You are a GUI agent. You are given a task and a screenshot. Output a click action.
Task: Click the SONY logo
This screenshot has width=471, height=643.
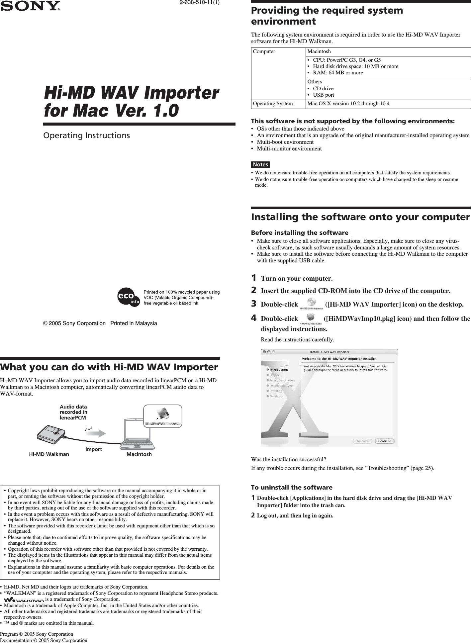[30, 6]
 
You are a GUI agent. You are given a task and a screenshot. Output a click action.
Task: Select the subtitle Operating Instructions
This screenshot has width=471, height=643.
[87, 136]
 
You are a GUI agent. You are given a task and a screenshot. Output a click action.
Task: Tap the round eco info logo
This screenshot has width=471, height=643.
[129, 297]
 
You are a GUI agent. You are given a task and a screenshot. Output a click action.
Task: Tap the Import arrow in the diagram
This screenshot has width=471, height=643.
[98, 433]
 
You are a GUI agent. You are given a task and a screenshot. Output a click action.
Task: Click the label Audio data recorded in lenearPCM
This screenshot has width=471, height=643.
[73, 412]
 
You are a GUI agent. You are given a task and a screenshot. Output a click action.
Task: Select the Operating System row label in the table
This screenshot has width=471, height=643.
[273, 104]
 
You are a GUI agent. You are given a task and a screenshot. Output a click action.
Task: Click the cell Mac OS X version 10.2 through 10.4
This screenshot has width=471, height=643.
[348, 104]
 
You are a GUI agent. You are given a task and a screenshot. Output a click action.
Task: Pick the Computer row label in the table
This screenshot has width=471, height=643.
[264, 51]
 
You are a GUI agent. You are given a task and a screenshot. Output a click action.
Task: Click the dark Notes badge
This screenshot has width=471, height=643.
[260, 165]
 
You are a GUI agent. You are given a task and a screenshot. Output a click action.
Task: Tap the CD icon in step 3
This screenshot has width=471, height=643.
[311, 302]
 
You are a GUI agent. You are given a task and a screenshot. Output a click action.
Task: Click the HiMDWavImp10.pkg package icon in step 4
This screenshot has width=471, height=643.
[311, 317]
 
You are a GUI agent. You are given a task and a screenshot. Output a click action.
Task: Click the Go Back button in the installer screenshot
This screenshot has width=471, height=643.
[362, 441]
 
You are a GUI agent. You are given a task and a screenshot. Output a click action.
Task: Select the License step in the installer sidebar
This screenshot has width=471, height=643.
[274, 375]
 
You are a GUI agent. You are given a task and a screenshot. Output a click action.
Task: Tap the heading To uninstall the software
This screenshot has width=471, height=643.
[292, 488]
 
